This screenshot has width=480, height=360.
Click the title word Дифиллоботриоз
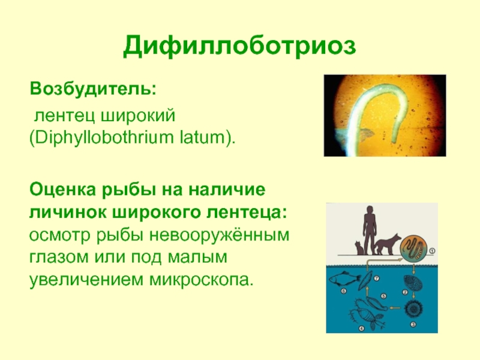(239, 47)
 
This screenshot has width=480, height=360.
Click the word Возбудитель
(93, 88)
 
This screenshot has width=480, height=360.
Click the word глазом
(59, 257)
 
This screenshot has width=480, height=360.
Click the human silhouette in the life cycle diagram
(370, 230)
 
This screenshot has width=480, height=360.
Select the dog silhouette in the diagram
(388, 244)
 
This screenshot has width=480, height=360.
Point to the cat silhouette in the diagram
(359, 248)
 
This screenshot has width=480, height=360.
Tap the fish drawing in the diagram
(344, 278)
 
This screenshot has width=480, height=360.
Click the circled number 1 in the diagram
(432, 251)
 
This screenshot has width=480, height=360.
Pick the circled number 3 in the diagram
(413, 324)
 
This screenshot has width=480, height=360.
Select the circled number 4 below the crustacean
(361, 328)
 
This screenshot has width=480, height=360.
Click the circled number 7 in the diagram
(377, 278)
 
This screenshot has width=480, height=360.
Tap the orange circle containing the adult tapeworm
(413, 248)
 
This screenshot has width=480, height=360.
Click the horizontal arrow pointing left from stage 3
(395, 308)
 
